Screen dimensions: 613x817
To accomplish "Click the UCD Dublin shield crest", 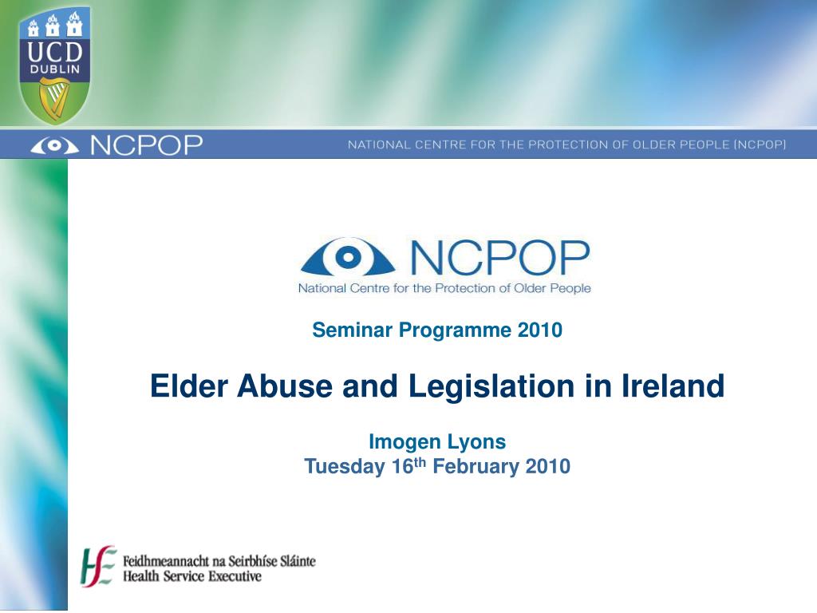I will pos(54,65).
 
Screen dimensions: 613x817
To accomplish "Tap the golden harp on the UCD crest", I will pos(54,100).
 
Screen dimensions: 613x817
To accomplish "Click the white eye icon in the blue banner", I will pos(54,146).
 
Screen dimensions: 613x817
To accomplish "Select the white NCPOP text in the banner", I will pos(146,145).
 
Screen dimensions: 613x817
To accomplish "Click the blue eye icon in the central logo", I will pos(347,257).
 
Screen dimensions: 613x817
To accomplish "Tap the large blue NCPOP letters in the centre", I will pos(499,257).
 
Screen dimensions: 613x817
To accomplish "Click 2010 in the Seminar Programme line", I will pos(540,330).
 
